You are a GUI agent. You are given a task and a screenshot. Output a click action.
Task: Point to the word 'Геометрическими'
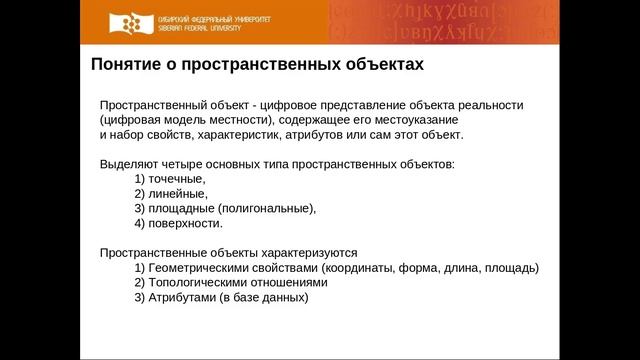click(x=201, y=268)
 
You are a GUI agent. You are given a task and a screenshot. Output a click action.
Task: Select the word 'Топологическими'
click(x=199, y=282)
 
